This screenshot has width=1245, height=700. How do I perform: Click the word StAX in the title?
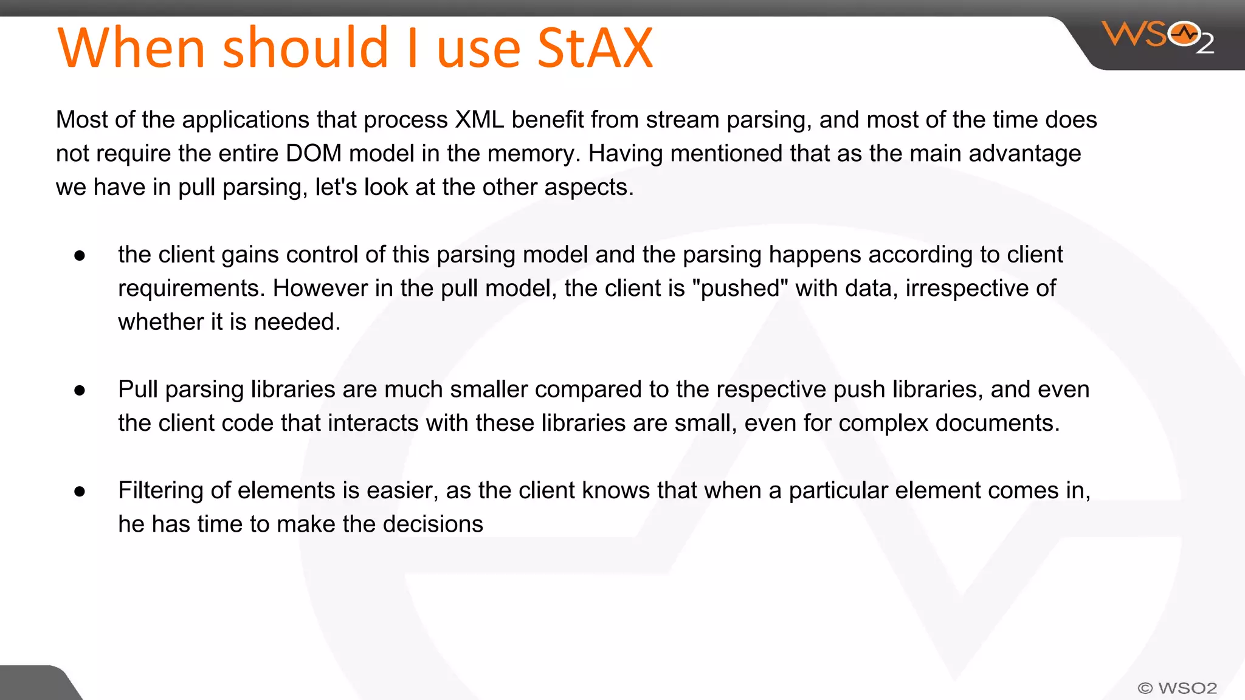595,49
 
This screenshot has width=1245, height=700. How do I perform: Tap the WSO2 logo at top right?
1157,36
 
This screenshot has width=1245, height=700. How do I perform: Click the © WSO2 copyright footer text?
1177,688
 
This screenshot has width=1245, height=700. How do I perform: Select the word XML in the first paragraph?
480,120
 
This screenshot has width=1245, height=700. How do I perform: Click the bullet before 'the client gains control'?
80,256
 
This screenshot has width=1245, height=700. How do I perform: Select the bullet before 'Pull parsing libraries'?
80,391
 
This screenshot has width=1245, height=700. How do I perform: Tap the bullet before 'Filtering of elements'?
80,492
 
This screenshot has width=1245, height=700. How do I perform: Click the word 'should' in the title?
306,49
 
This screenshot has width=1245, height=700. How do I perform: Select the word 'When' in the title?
131,49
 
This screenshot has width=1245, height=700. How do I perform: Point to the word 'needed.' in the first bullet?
297,321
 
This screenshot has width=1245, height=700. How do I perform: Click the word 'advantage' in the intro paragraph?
1024,153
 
